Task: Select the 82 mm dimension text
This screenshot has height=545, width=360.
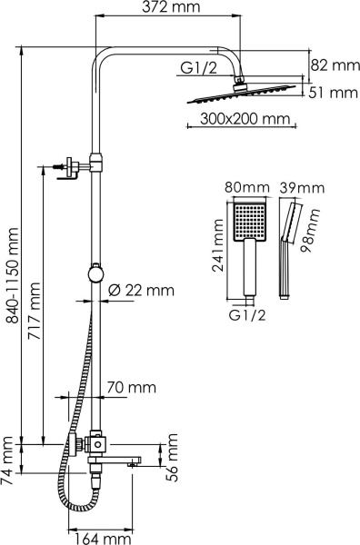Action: coord(330,64)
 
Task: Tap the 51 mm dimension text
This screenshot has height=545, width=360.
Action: coord(330,92)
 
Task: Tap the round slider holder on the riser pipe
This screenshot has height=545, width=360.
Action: coord(95,272)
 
